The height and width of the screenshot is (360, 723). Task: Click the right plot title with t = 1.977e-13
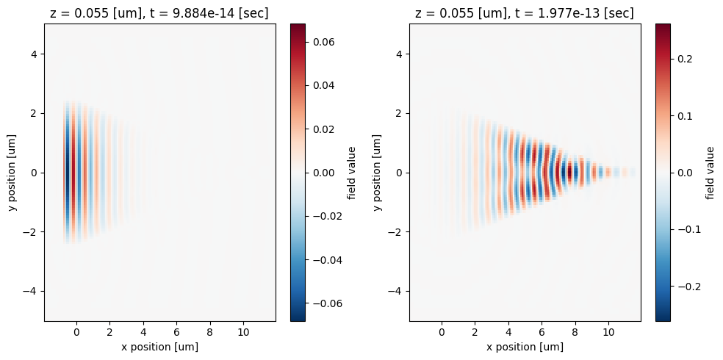point(525,13)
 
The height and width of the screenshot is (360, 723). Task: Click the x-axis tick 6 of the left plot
point(176,333)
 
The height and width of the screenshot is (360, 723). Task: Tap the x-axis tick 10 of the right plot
point(608,333)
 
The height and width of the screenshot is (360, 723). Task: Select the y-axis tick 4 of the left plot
point(32,54)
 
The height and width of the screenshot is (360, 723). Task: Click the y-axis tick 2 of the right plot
point(397,113)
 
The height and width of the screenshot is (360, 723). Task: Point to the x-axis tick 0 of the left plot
point(76,333)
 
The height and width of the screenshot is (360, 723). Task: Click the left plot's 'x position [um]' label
point(160,347)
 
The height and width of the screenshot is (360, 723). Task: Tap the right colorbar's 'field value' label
point(711,173)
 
